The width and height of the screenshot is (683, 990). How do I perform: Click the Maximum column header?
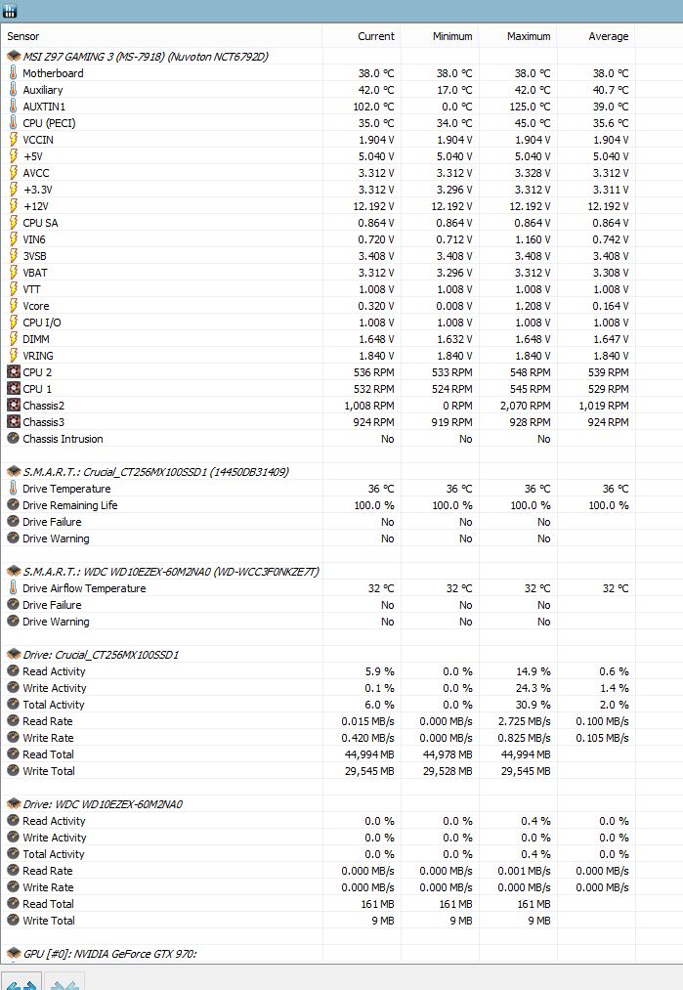tap(529, 36)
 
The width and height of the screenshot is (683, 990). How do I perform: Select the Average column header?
tap(608, 36)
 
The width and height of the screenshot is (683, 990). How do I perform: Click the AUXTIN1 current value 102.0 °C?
tap(373, 107)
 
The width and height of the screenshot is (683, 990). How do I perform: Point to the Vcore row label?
tap(36, 306)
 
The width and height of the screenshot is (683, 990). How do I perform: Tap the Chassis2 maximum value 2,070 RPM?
tap(525, 406)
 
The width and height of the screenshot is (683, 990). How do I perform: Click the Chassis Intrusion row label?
tap(63, 439)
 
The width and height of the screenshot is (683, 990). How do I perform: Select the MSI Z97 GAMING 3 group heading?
tap(146, 57)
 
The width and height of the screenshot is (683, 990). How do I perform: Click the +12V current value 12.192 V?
tap(373, 206)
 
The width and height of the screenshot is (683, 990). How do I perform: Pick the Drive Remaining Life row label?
tap(70, 505)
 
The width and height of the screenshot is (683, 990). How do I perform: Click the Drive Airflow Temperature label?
tap(84, 588)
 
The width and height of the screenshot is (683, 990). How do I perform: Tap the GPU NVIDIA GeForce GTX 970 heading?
tap(109, 954)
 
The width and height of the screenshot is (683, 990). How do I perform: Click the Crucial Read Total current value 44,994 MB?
tap(369, 754)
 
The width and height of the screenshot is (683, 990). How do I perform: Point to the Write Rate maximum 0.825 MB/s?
tap(524, 738)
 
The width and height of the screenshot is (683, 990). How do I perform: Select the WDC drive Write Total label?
tap(49, 921)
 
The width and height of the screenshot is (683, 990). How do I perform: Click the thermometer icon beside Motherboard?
tap(13, 72)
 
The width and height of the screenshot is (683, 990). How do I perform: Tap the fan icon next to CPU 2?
tap(14, 372)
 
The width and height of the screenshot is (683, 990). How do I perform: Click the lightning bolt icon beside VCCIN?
tap(13, 140)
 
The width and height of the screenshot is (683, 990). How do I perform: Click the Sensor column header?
tap(22, 36)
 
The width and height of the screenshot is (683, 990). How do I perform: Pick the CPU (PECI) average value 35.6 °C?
tap(611, 123)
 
